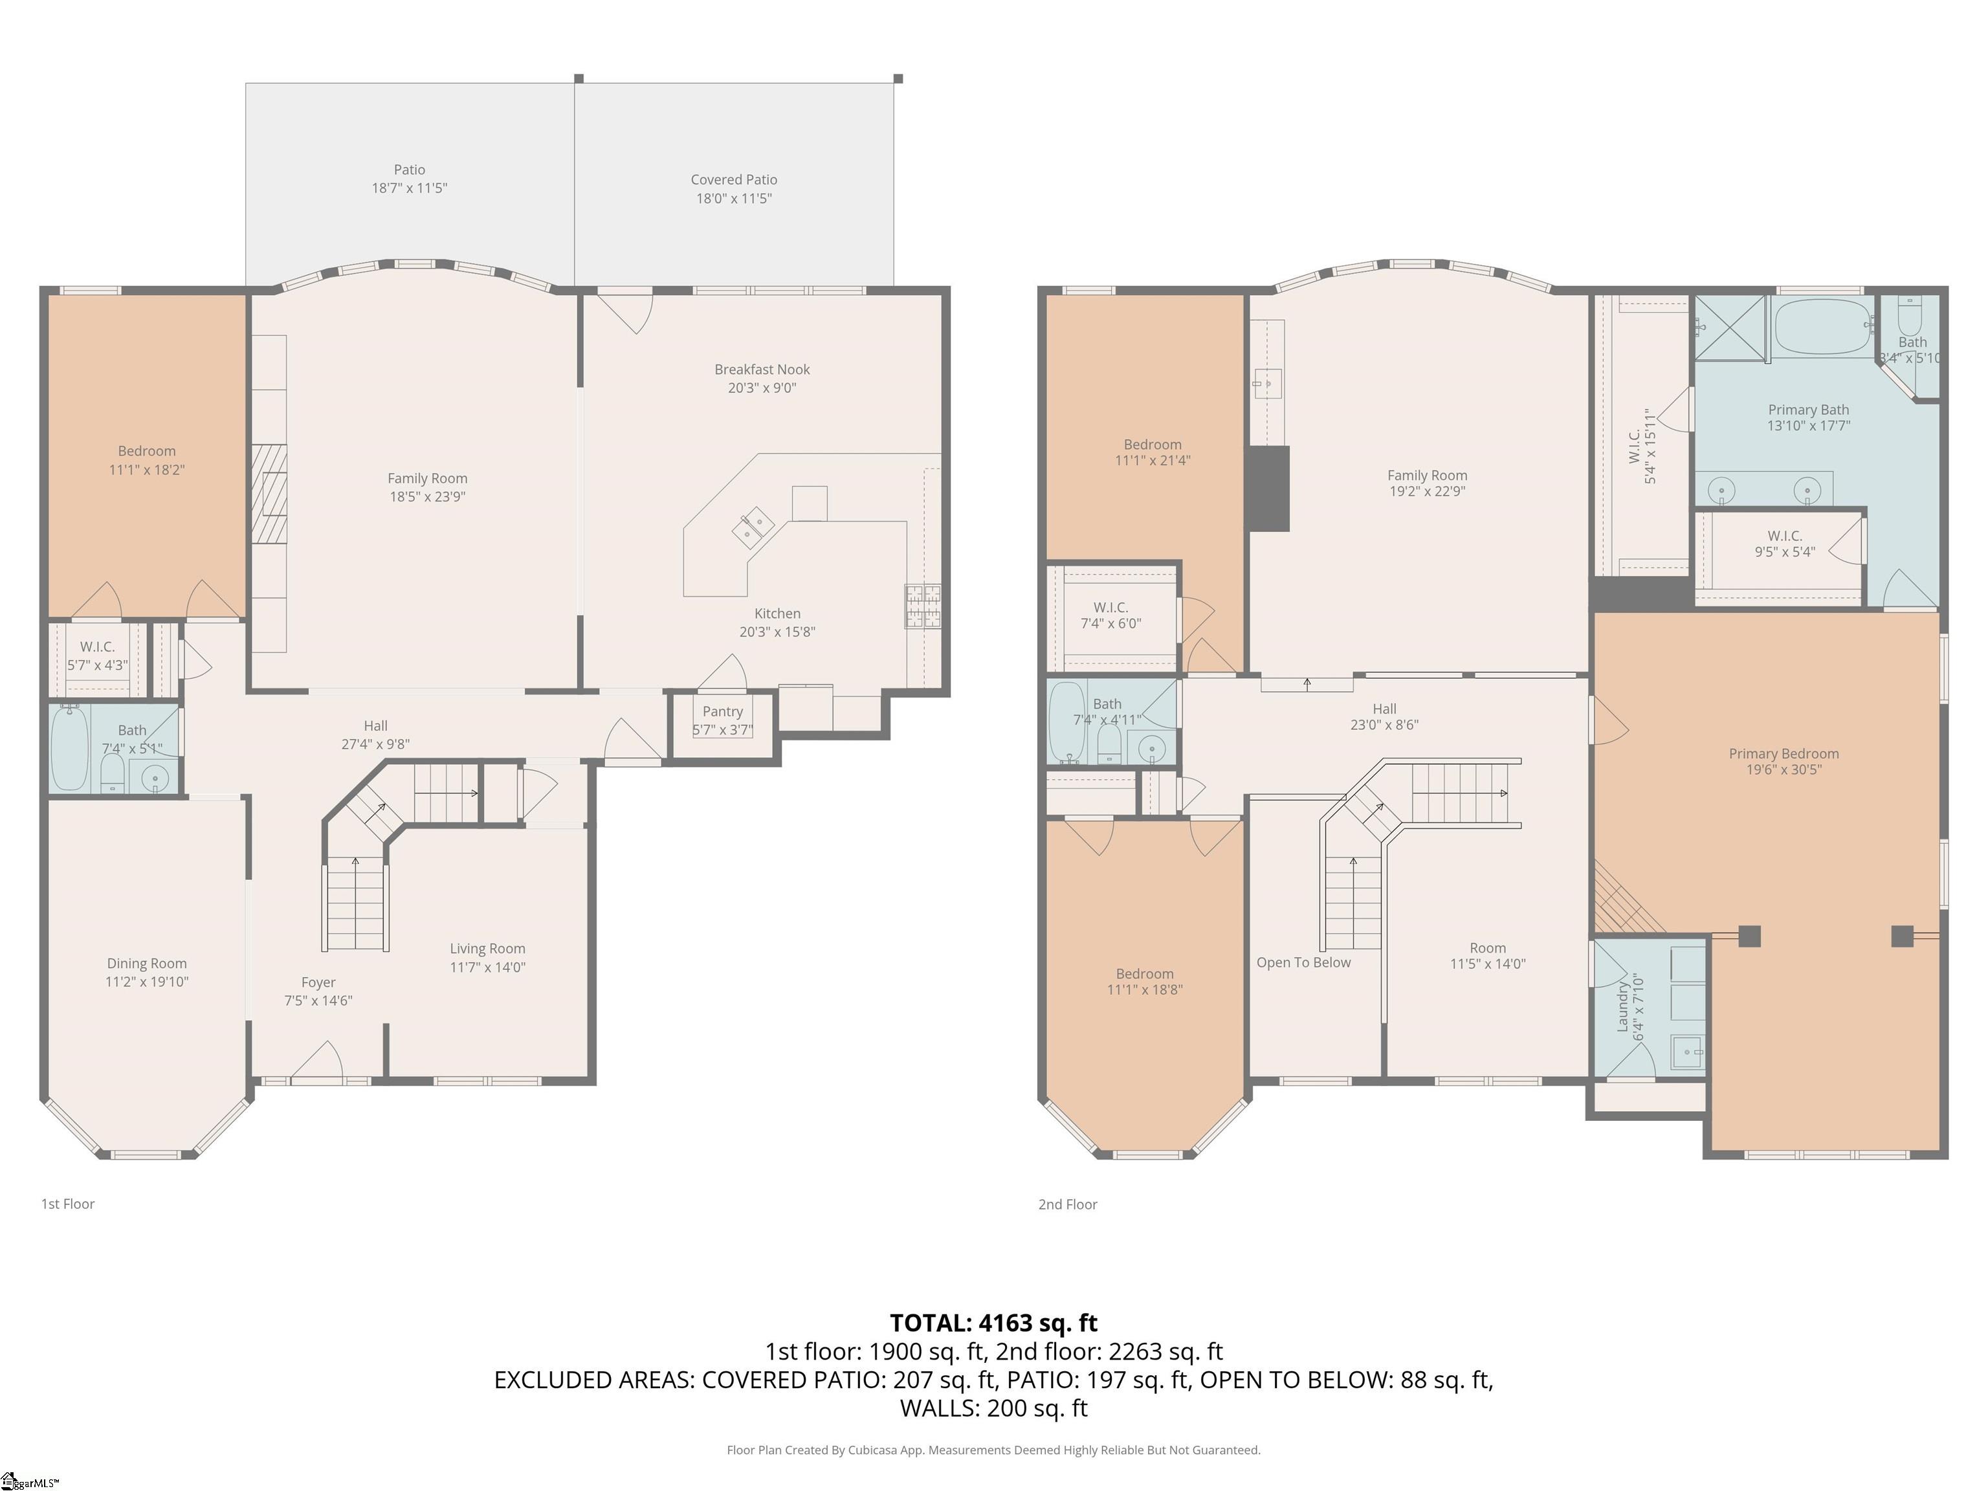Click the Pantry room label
(723, 711)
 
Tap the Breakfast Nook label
(762, 370)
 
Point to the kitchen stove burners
(923, 606)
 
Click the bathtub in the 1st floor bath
(69, 747)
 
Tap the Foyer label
(318, 982)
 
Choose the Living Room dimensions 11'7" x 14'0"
(487, 967)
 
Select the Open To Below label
(1303, 962)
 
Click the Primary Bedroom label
(1783, 753)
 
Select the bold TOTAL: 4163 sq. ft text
(993, 1323)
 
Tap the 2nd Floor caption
(1068, 1204)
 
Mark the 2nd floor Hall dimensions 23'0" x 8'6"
(1384, 724)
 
